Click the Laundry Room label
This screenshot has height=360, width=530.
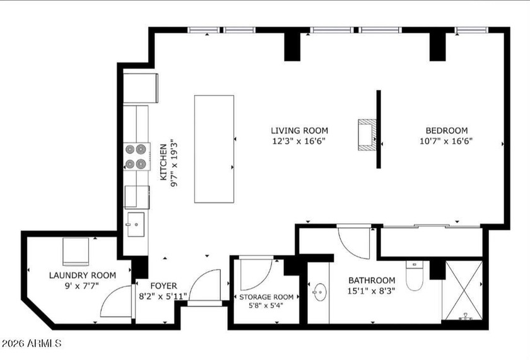click(x=83, y=275)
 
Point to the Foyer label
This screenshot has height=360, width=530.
click(x=155, y=286)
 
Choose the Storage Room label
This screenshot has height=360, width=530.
click(x=266, y=297)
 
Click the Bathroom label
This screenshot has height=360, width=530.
click(x=372, y=281)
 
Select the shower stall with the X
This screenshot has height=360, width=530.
click(x=462, y=291)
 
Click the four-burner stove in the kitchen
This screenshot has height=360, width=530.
click(x=136, y=156)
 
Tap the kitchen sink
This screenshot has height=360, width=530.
click(x=136, y=224)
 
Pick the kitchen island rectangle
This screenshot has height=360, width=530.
click(x=214, y=149)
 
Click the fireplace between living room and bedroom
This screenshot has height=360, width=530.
click(x=367, y=134)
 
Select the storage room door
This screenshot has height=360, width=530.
click(x=256, y=273)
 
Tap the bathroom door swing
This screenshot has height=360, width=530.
click(x=353, y=242)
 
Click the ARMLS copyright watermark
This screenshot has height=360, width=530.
click(x=32, y=344)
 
